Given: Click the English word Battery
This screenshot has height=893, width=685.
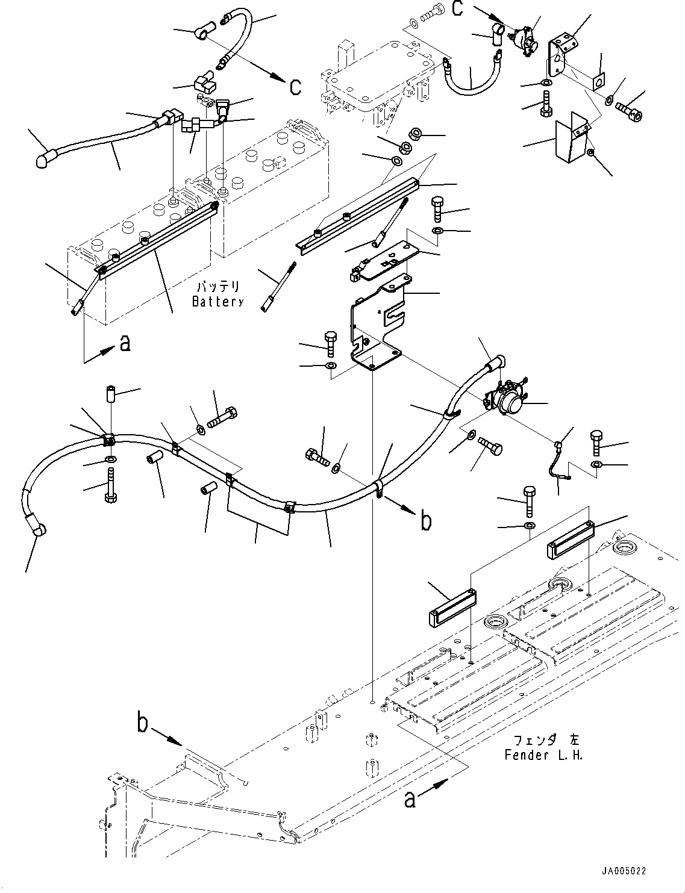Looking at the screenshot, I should (217, 302).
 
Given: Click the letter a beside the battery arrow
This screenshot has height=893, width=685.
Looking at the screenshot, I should (124, 343).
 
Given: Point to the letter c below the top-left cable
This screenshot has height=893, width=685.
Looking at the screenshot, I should (295, 87).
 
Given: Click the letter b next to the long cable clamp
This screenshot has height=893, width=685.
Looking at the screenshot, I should (425, 521).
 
